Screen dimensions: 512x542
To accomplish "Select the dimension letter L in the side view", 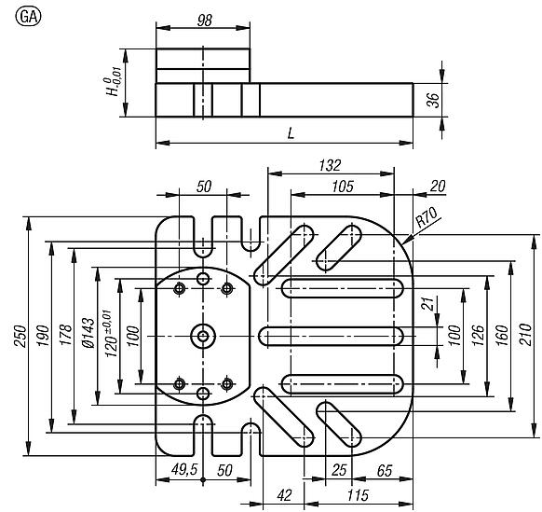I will (x=291, y=133).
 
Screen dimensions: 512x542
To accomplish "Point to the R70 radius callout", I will (x=426, y=219).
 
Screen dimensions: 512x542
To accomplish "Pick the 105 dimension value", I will (x=343, y=187).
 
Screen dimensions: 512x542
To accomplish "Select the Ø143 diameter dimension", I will (x=87, y=334).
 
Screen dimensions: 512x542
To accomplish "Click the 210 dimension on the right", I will (x=526, y=334).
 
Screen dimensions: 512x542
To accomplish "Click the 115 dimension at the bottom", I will (x=354, y=493).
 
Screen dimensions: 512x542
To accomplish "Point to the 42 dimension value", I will (x=285, y=493).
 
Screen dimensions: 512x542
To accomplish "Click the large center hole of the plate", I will (x=202, y=335).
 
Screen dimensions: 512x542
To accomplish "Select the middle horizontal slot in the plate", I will (x=331, y=335).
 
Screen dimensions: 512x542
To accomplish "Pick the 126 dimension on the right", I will (x=479, y=334).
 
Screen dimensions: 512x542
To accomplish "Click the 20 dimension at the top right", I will (x=438, y=187).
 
